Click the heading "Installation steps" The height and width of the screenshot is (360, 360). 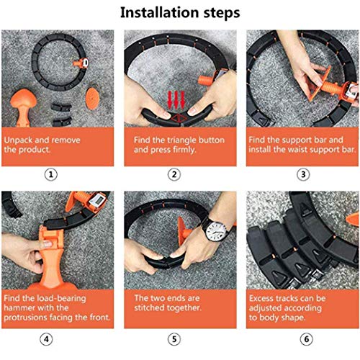coord(180,13)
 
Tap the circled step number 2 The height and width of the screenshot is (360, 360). coord(174,174)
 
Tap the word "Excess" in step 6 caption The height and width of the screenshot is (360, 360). coord(264,297)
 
